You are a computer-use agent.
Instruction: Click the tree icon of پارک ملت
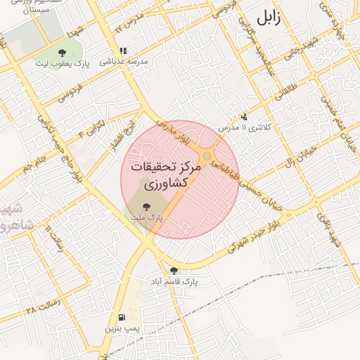pos(146,207)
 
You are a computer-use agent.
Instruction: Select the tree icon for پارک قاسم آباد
pos(174,271)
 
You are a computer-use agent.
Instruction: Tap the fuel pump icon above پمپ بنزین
pos(123,318)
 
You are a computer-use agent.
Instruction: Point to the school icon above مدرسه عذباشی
pos(124,51)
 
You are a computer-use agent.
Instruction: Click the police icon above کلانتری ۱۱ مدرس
pos(244,117)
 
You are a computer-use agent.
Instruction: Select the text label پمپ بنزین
pos(123,329)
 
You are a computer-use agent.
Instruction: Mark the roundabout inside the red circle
pos(207,156)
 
